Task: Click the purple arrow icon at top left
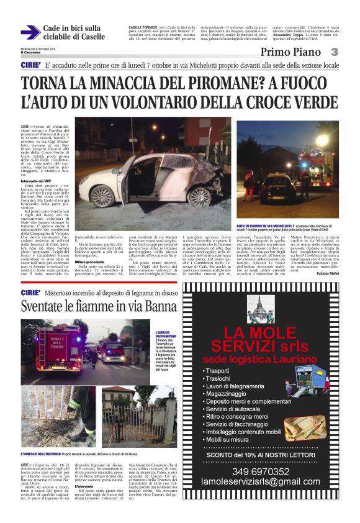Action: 30,32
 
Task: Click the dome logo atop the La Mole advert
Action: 268,311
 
